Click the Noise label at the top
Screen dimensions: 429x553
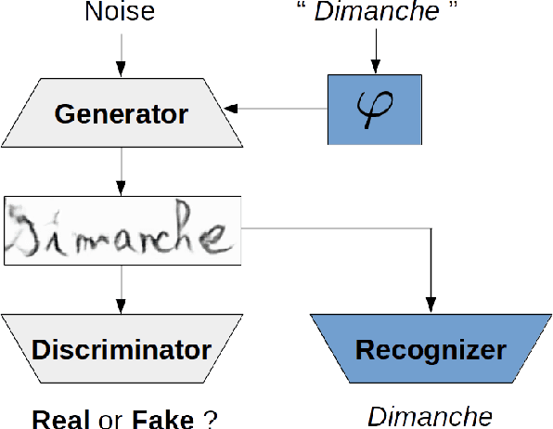[121, 13]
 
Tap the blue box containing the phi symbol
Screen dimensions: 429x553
[375, 110]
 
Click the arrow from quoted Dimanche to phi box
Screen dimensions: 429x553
[374, 51]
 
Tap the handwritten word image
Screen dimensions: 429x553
[122, 227]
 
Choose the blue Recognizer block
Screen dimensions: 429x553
[430, 350]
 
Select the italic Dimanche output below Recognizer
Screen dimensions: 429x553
[430, 415]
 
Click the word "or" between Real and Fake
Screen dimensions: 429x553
[111, 419]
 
